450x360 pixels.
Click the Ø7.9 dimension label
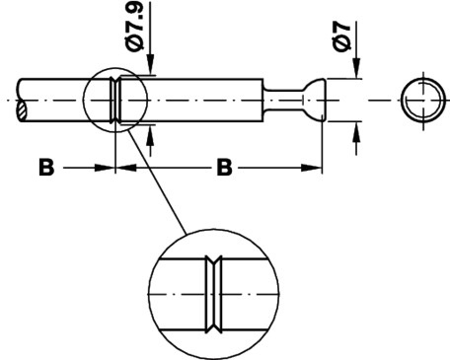pos(135,27)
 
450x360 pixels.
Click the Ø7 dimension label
pos(341,36)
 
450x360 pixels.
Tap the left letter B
pos(46,168)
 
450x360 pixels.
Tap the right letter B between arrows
pos(224,168)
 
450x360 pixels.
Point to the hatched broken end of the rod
pos(22,110)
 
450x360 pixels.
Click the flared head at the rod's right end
pos(315,100)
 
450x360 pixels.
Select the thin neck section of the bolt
pos(283,100)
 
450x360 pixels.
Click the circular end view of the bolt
pos(423,100)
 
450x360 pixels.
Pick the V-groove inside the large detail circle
pos(213,294)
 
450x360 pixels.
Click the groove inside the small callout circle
pos(115,100)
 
